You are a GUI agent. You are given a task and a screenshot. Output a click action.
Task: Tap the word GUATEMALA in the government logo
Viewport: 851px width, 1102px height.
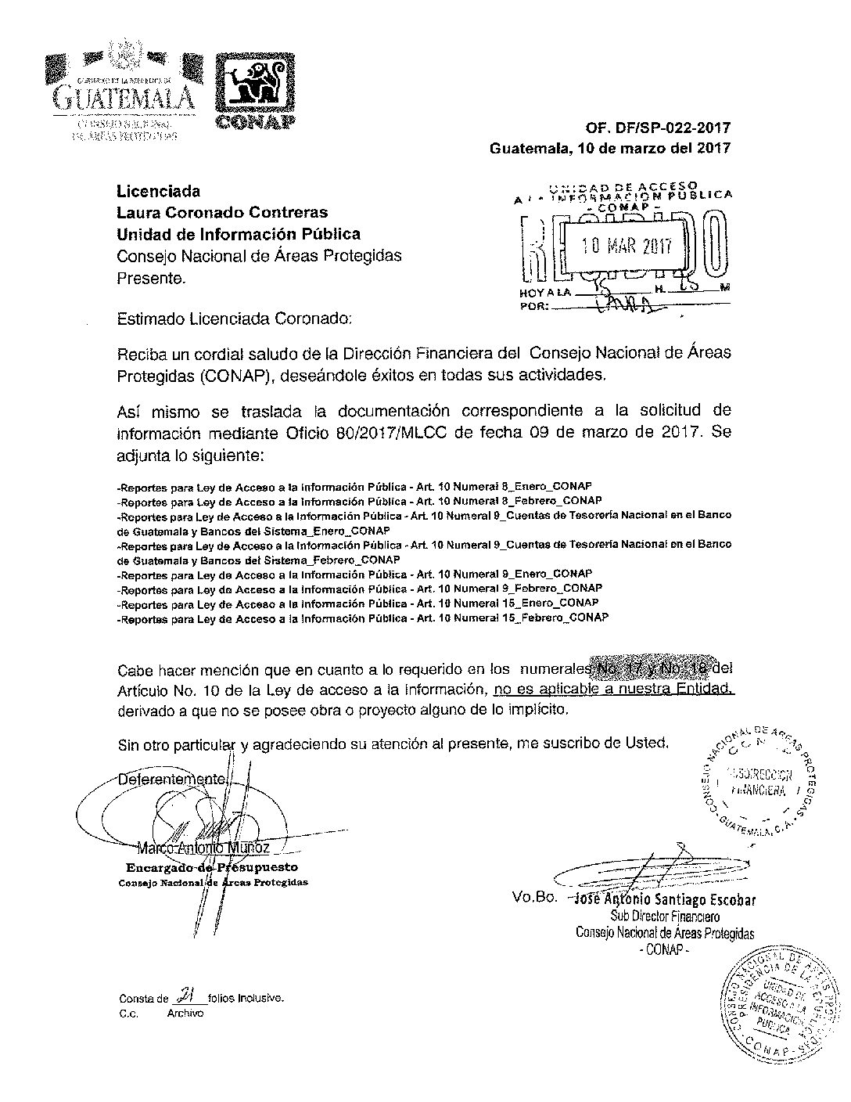[x=123, y=98]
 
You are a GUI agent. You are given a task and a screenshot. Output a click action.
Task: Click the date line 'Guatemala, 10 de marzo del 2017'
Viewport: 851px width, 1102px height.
[x=610, y=148]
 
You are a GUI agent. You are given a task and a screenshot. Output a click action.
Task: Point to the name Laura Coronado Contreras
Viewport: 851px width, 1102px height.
[x=222, y=212]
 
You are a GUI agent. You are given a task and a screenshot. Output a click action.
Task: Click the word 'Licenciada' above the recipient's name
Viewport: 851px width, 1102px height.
[x=158, y=191]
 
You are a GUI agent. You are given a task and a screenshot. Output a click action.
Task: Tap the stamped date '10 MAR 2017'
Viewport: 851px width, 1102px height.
[x=628, y=247]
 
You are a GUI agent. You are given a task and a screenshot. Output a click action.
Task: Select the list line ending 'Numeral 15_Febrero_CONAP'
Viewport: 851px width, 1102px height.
[x=362, y=618]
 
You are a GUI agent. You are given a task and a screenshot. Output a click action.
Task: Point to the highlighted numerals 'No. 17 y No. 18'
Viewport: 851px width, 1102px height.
[x=655, y=669]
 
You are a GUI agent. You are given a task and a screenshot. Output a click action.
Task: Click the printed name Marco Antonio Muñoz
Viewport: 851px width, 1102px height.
[x=203, y=848]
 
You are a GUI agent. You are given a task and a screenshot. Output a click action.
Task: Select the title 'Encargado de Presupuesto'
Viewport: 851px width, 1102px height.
[x=211, y=867]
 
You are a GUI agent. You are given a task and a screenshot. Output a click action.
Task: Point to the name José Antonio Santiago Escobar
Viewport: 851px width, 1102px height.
[x=665, y=899]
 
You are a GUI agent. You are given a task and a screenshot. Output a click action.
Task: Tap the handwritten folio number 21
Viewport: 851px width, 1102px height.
[x=186, y=996]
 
